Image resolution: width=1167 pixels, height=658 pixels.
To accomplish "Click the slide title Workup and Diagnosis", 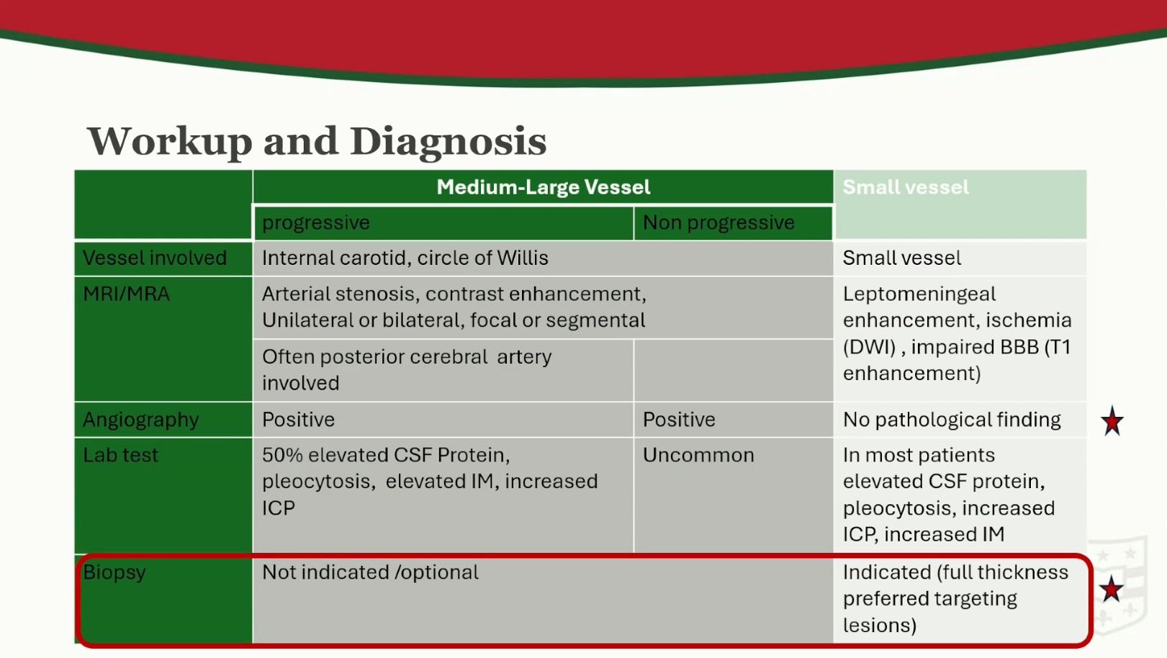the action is tap(317, 141).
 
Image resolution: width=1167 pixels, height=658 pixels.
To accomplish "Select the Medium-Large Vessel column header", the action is tap(544, 187).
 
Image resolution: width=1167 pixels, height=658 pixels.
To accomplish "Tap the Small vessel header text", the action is tap(906, 187).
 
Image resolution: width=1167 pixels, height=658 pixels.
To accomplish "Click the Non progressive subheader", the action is tap(718, 222).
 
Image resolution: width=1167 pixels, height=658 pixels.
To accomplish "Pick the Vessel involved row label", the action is tap(155, 258).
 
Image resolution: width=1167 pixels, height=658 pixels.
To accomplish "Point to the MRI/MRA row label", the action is tap(126, 294).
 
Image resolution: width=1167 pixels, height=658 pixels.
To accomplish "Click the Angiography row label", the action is tap(140, 420).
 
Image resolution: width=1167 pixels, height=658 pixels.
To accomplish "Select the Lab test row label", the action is tap(120, 455).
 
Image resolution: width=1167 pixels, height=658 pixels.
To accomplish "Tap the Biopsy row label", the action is tap(114, 572).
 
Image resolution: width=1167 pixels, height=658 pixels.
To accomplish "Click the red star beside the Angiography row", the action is tap(1112, 421).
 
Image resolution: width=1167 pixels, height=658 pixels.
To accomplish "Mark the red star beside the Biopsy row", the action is tap(1111, 589).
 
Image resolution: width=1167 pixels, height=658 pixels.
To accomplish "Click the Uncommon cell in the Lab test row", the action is tap(698, 455).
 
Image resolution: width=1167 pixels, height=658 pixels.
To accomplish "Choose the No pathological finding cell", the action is tap(952, 420).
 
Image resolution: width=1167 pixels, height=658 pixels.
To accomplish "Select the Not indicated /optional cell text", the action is tap(370, 572).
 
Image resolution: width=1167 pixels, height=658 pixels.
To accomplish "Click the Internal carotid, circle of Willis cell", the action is tap(405, 258).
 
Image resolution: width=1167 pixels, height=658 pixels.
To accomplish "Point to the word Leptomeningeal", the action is tap(919, 294).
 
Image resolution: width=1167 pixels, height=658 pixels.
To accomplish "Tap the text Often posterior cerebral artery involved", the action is tap(406, 369).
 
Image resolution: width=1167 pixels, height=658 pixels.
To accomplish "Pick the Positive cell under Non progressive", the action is tap(679, 420).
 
